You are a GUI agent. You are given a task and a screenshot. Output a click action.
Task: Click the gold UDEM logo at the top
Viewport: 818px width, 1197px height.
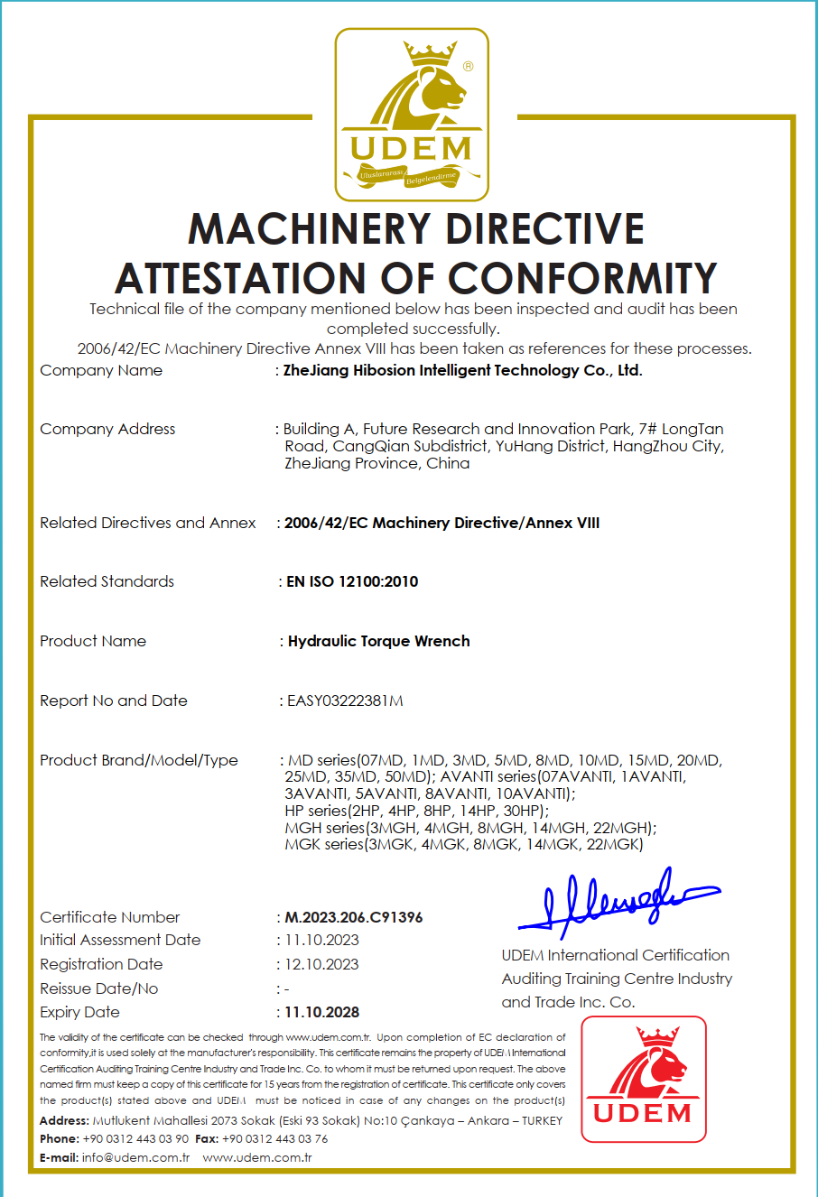(x=412, y=115)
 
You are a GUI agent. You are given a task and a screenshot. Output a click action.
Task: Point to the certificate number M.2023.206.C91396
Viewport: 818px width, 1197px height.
(x=354, y=917)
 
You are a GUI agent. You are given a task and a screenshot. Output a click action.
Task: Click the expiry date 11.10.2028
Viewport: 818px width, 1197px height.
(x=321, y=1013)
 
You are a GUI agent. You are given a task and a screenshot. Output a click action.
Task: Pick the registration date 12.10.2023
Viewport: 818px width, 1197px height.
(x=321, y=964)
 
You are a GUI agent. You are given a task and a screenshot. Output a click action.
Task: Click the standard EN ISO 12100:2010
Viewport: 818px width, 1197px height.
(x=352, y=581)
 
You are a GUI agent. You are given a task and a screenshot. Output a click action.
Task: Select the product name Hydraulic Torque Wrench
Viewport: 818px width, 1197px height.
(x=378, y=641)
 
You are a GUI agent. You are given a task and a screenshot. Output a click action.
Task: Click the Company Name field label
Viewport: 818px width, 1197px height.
(x=101, y=370)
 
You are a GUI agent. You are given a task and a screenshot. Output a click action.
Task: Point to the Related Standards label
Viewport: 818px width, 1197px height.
(x=107, y=581)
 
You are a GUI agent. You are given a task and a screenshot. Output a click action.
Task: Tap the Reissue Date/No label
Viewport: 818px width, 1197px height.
(x=98, y=988)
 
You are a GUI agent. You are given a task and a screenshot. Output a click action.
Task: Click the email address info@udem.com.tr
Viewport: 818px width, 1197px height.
(x=135, y=1157)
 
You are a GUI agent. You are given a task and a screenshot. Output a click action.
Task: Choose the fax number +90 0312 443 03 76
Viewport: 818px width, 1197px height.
(x=274, y=1138)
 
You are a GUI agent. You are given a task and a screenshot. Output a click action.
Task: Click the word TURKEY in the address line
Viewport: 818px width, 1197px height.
(x=542, y=1120)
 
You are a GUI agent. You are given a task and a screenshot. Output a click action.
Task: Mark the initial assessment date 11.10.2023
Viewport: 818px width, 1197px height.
(x=321, y=940)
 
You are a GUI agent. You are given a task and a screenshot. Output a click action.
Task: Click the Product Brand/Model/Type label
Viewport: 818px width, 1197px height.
(x=138, y=760)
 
